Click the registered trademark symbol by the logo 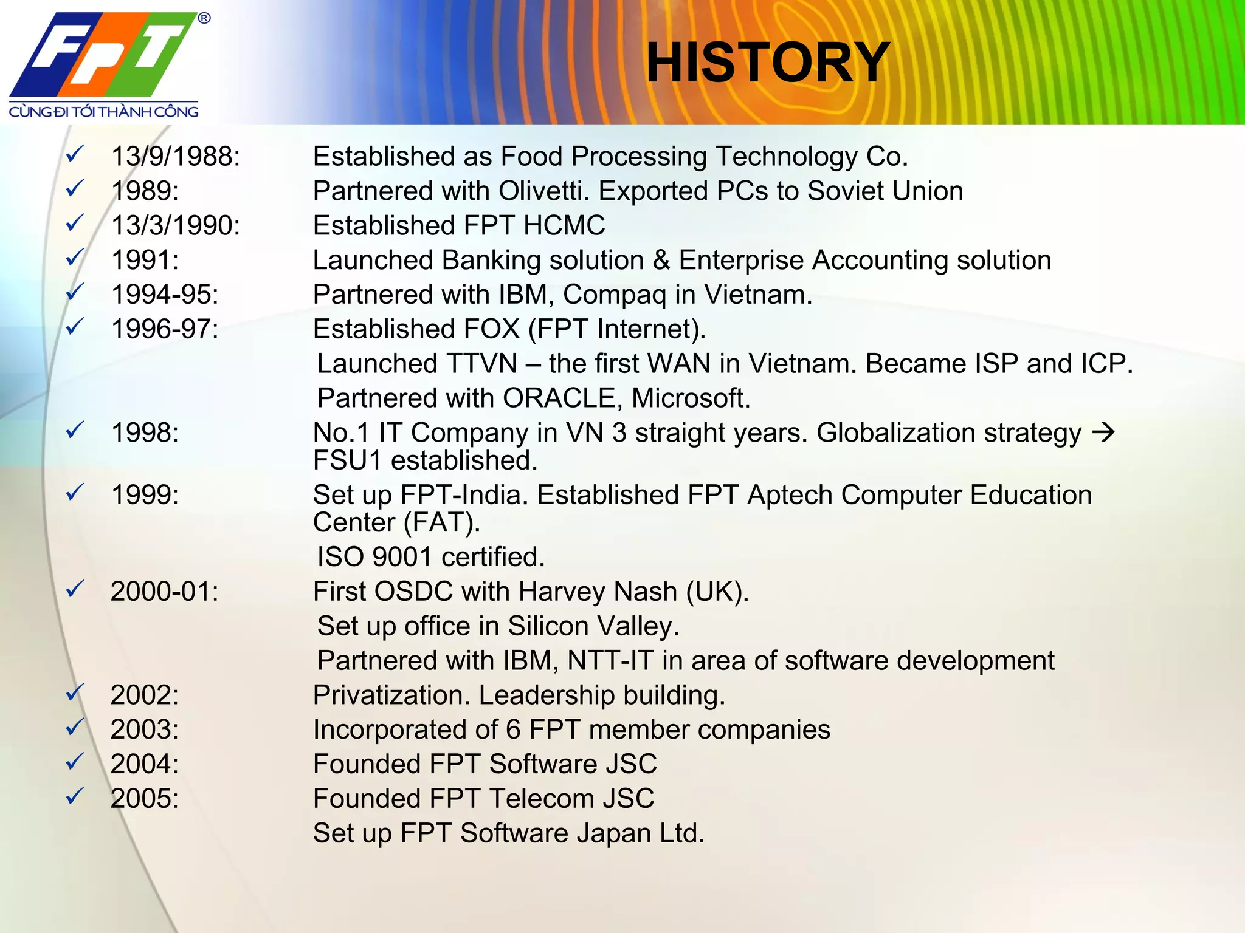click(204, 18)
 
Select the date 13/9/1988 click(175, 157)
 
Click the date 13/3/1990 click(175, 226)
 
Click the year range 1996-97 click(165, 330)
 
